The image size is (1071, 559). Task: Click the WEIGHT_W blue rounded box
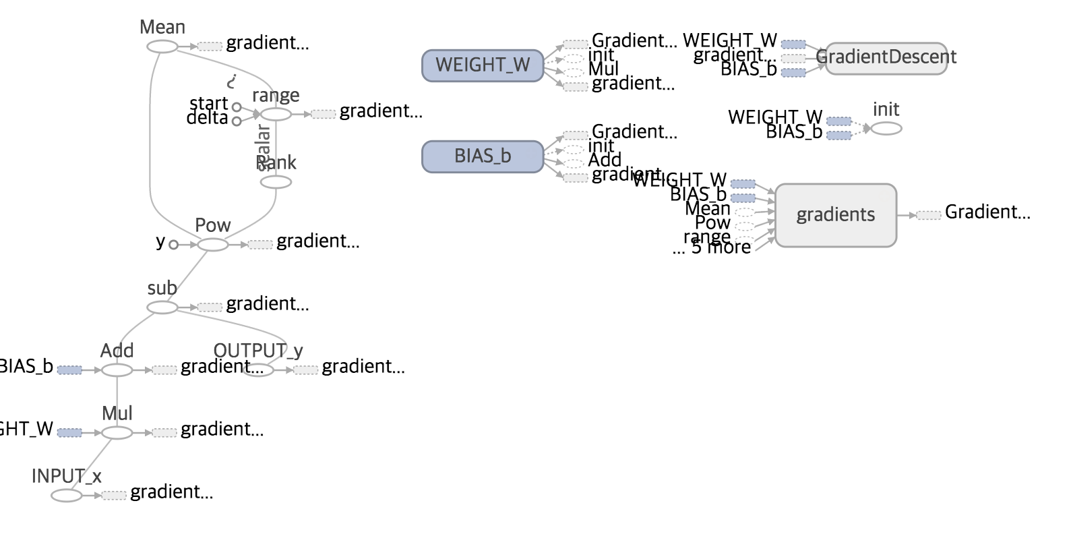click(483, 65)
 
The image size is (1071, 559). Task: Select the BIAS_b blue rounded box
click(483, 156)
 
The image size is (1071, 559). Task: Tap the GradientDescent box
click(886, 58)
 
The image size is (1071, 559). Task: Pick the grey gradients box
click(836, 215)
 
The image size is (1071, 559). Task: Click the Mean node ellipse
click(162, 47)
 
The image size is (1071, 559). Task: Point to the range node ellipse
click(276, 115)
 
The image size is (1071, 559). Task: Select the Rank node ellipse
click(276, 182)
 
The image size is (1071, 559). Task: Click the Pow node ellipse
click(213, 245)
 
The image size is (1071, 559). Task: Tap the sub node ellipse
click(162, 307)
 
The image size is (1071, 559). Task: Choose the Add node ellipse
click(117, 370)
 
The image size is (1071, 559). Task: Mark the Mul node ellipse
click(117, 433)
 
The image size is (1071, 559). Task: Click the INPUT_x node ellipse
click(67, 496)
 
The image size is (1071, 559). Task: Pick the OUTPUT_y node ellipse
click(258, 370)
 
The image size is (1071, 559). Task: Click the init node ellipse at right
click(886, 128)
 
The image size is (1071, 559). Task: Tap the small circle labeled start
click(237, 107)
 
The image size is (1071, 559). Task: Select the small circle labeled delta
click(237, 121)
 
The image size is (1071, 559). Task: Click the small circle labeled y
click(174, 245)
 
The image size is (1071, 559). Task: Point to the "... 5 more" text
click(712, 248)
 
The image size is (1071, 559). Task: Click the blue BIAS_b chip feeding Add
click(69, 370)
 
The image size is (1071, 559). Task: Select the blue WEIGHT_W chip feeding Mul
click(69, 433)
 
